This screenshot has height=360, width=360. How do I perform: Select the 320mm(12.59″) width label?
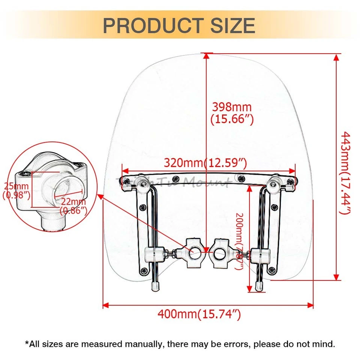click(x=205, y=163)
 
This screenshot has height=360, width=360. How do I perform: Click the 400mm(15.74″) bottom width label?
click(x=199, y=314)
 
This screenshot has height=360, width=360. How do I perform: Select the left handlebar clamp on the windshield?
click(x=193, y=252)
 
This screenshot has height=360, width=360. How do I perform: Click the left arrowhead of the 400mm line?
click(x=105, y=305)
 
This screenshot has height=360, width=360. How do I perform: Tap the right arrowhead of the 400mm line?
click(x=310, y=305)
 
